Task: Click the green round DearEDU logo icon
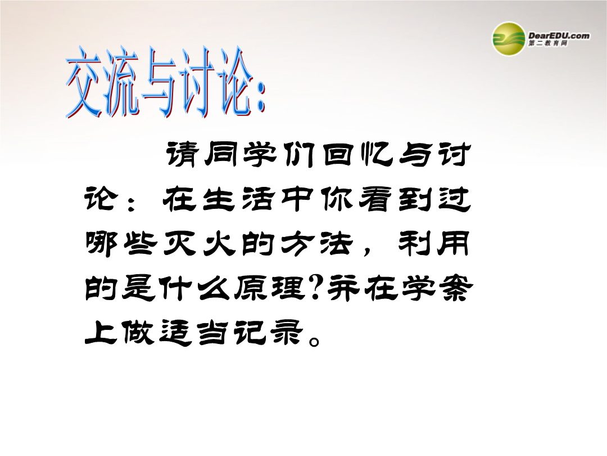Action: click(x=508, y=38)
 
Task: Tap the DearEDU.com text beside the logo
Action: click(x=559, y=35)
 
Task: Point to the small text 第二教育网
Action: click(x=548, y=43)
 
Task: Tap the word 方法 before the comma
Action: click(x=316, y=244)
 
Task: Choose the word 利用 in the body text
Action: click(x=434, y=244)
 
